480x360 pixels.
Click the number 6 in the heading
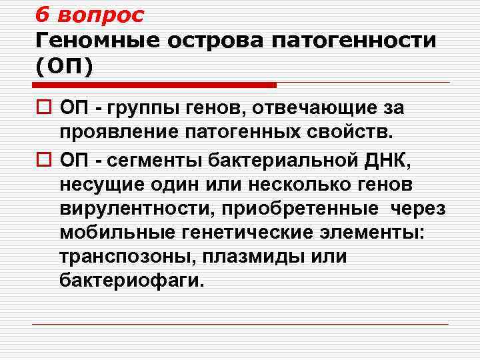(x=43, y=15)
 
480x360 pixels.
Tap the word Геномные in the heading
(x=97, y=41)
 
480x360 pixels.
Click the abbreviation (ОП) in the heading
(x=65, y=67)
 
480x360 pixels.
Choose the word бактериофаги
(x=129, y=281)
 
